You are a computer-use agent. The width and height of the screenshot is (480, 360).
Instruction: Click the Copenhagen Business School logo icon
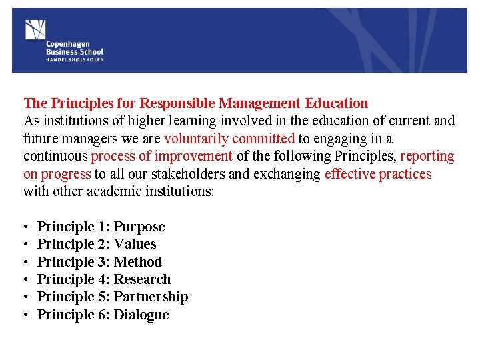click(35, 30)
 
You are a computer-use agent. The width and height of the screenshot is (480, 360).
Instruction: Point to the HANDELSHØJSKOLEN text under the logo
click(75, 59)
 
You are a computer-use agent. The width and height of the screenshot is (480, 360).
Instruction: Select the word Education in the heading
click(337, 103)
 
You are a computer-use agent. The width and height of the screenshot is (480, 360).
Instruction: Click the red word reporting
click(427, 156)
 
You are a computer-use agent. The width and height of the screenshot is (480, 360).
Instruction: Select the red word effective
click(350, 174)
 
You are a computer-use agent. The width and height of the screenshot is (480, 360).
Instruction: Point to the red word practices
click(405, 174)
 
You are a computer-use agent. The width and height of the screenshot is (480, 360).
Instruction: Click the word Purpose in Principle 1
click(139, 227)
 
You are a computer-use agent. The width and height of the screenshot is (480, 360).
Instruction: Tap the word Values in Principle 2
click(135, 244)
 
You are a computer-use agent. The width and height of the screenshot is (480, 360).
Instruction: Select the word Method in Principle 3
click(138, 262)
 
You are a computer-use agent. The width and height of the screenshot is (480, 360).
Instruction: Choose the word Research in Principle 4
click(143, 279)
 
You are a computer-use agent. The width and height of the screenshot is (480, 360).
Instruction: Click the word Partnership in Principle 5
click(151, 297)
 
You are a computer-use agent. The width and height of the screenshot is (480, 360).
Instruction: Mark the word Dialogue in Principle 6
click(141, 315)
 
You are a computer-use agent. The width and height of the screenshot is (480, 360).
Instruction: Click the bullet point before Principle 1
click(25, 227)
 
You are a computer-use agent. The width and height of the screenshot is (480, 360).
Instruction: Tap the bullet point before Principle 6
click(25, 315)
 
